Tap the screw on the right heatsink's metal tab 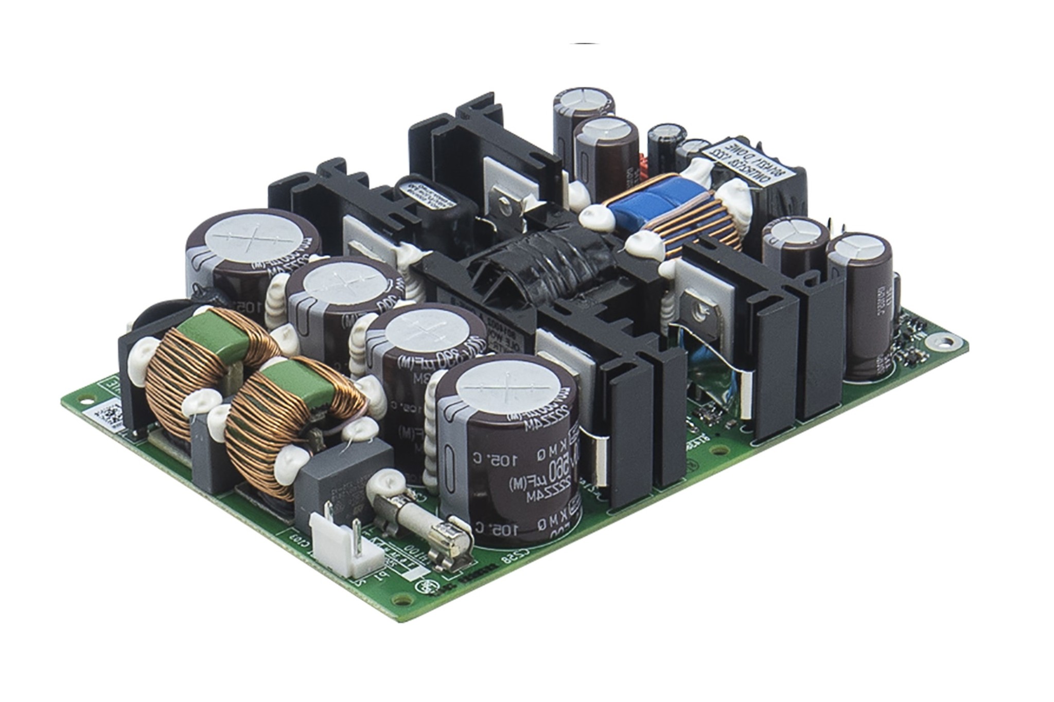(701, 309)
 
